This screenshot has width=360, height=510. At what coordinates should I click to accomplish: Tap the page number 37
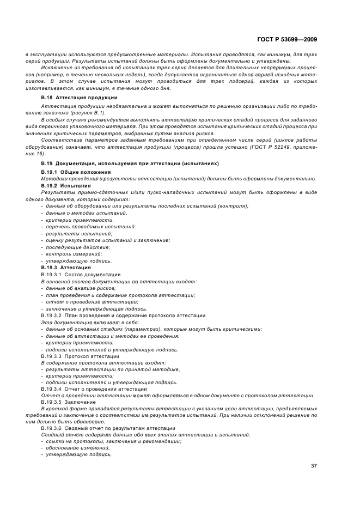point(314,466)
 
